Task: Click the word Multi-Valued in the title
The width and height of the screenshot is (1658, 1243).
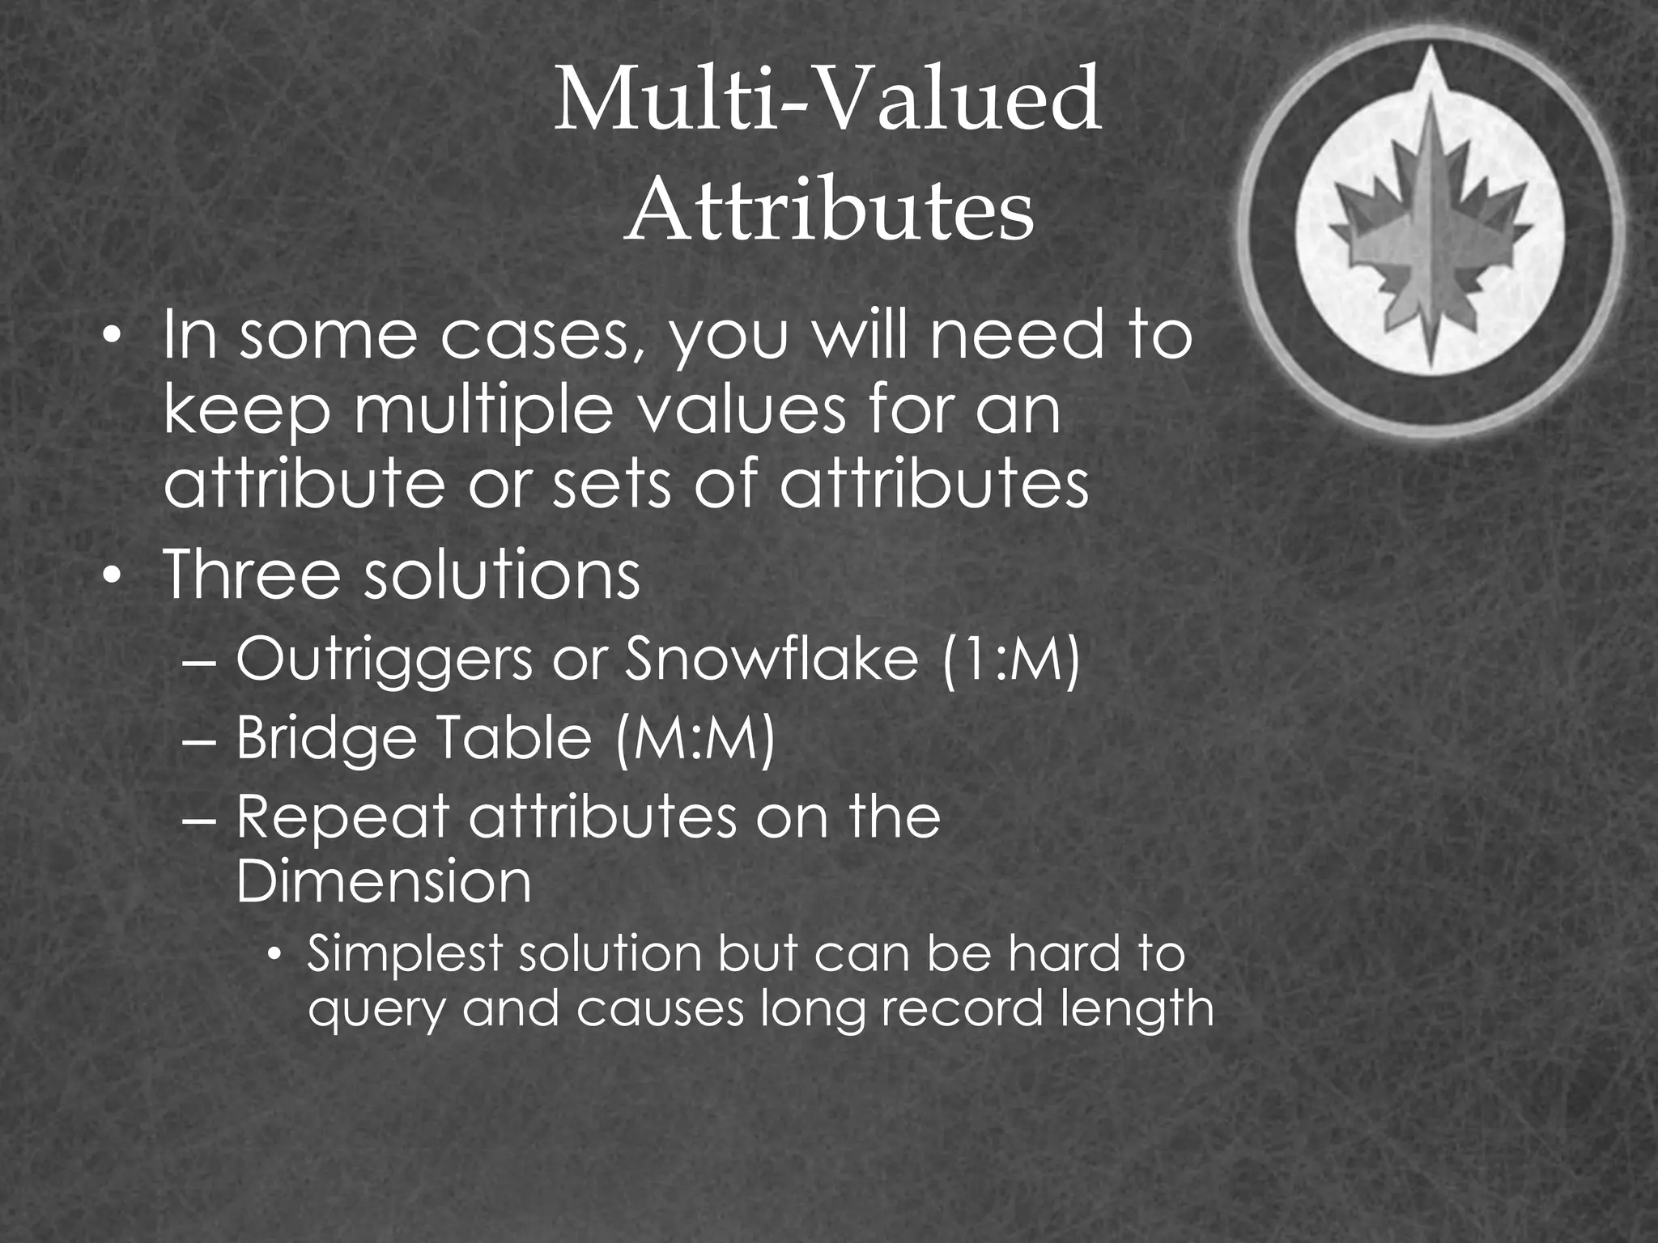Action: (827, 101)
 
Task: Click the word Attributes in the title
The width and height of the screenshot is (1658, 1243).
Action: (829, 212)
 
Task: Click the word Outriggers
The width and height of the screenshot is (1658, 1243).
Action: (384, 660)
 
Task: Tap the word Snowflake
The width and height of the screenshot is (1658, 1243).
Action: (772, 660)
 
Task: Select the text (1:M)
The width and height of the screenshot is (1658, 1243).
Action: (1010, 660)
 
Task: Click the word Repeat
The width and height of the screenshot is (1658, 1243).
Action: (342, 817)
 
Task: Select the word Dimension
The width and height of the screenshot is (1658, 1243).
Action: (384, 881)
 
